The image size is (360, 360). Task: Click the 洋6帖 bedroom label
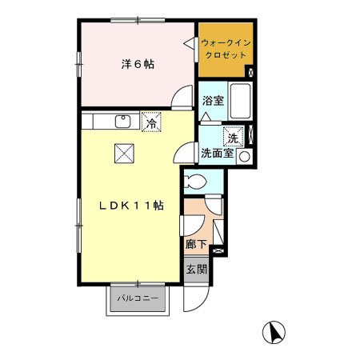(138, 64)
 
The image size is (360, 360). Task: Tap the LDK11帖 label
(131, 206)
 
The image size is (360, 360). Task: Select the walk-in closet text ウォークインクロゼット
(226, 49)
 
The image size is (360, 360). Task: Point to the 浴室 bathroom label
(213, 101)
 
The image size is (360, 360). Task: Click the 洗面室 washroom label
(217, 153)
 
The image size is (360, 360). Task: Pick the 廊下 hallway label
(196, 244)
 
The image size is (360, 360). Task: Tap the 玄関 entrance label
(197, 270)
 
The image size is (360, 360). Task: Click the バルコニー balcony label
(138, 298)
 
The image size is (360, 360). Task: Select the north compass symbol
(274, 332)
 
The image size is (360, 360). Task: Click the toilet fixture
(195, 182)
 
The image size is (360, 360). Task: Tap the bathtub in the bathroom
(241, 101)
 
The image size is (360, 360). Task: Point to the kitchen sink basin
(123, 122)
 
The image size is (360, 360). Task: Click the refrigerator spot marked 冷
(151, 122)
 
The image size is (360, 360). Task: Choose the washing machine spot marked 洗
(234, 137)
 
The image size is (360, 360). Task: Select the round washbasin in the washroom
(244, 156)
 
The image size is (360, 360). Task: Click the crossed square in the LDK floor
(124, 154)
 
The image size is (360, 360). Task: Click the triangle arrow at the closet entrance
(190, 43)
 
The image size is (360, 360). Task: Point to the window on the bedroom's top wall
(138, 20)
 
